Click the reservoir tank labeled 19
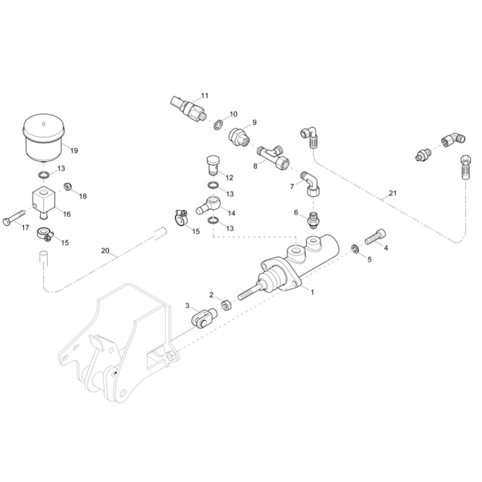tap(44, 137)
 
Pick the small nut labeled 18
tap(67, 186)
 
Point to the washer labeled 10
tap(218, 125)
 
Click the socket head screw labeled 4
tap(375, 237)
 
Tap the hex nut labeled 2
tap(226, 306)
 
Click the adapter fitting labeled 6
tap(313, 219)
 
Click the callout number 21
tap(393, 193)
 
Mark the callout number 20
tap(105, 251)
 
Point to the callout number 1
tap(313, 292)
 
